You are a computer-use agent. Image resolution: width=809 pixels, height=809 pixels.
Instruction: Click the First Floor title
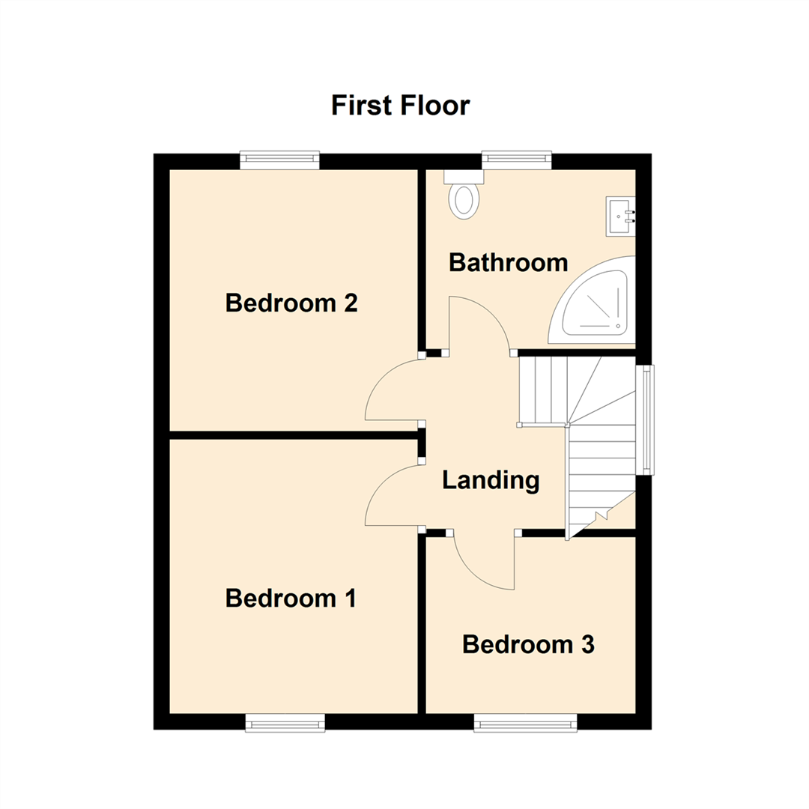tap(401, 106)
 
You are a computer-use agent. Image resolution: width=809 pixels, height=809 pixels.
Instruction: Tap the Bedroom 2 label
tap(291, 303)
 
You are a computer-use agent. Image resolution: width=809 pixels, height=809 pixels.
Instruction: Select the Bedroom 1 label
tap(291, 599)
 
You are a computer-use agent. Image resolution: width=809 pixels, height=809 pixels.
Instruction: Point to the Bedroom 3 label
tap(528, 644)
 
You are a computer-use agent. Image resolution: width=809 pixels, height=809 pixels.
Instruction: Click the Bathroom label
tap(508, 263)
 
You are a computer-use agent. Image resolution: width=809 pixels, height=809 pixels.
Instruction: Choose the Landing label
tap(491, 480)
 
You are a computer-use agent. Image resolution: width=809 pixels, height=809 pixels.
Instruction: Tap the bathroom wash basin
tap(621, 216)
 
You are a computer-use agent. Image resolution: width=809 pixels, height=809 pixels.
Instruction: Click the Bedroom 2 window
tap(279, 159)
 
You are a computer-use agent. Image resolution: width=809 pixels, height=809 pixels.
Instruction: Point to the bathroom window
tap(516, 158)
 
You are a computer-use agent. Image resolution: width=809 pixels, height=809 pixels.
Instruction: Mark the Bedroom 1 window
tap(285, 722)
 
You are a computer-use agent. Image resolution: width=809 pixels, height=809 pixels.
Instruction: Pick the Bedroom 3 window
tap(526, 722)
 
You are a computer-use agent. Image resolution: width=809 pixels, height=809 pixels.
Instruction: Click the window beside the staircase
tap(645, 419)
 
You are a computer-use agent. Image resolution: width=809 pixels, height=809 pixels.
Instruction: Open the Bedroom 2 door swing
tap(393, 390)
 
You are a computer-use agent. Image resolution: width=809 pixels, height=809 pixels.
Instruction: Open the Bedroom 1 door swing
tap(393, 496)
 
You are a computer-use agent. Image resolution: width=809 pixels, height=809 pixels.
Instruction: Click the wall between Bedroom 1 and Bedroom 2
tap(292, 434)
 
